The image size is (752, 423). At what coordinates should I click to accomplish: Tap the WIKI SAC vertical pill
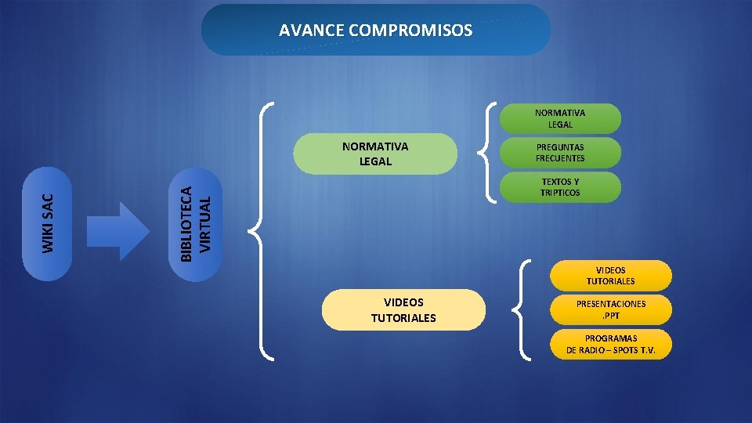(49, 223)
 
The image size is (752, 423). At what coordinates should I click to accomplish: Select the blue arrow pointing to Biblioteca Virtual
(117, 230)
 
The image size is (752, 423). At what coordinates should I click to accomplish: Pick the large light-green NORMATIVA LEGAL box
(375, 154)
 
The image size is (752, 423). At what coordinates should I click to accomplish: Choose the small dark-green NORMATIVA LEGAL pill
(560, 118)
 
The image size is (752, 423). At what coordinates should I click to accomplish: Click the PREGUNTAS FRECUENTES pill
(560, 153)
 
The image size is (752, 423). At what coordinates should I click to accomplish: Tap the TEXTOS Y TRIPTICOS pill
(560, 187)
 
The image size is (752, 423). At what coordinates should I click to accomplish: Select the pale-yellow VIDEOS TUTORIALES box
(403, 310)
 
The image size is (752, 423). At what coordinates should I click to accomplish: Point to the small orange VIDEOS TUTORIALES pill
(610, 276)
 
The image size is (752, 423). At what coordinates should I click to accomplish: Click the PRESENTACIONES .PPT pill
(610, 309)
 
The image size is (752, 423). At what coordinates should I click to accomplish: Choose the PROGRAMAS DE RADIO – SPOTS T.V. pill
(610, 344)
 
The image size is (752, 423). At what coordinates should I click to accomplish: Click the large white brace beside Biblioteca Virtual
(261, 230)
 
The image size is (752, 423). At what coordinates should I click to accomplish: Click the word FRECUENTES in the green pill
(560, 158)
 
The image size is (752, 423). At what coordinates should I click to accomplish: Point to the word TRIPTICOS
(560, 193)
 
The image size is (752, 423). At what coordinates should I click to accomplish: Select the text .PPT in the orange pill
(610, 315)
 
